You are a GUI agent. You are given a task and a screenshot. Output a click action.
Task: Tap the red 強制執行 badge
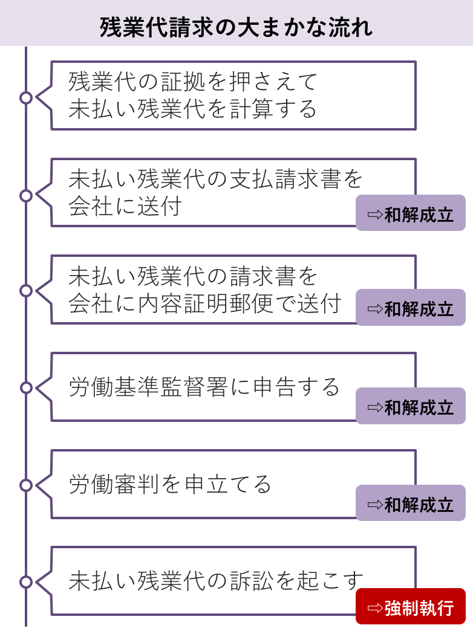click(410, 606)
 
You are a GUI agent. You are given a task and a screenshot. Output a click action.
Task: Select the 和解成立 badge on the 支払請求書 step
click(410, 213)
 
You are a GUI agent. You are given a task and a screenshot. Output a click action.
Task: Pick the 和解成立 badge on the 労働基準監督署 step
click(410, 406)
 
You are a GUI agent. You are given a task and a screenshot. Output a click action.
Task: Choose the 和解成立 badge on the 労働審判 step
click(410, 503)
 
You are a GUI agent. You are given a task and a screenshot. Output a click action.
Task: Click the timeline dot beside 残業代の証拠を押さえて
click(26, 97)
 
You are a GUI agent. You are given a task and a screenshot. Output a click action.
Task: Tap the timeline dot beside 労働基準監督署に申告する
click(26, 387)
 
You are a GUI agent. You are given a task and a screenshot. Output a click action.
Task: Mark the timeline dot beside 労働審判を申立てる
click(26, 485)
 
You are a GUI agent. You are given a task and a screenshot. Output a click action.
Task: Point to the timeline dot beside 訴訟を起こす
click(26, 582)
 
